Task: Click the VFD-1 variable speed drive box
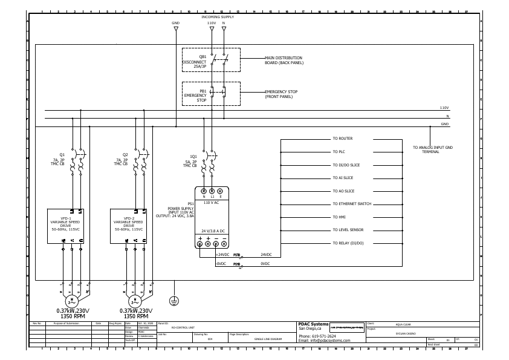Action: (x=71, y=226)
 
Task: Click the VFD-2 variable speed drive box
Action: (x=134, y=226)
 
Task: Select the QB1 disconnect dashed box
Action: (x=212, y=59)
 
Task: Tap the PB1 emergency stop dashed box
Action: (x=212, y=94)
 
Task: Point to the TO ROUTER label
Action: (x=342, y=139)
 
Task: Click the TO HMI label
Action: (x=339, y=217)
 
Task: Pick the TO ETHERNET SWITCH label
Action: (x=352, y=204)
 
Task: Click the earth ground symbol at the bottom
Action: (x=173, y=301)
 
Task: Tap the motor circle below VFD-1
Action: (x=71, y=301)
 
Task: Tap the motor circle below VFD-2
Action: (x=134, y=301)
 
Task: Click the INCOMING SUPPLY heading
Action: (x=217, y=17)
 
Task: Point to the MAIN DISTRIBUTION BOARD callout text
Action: (x=284, y=60)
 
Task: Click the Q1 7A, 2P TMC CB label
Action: (x=61, y=159)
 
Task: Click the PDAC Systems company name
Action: (x=314, y=324)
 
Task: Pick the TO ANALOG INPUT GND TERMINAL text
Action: (x=432, y=149)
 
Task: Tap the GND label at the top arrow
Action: (x=176, y=23)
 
